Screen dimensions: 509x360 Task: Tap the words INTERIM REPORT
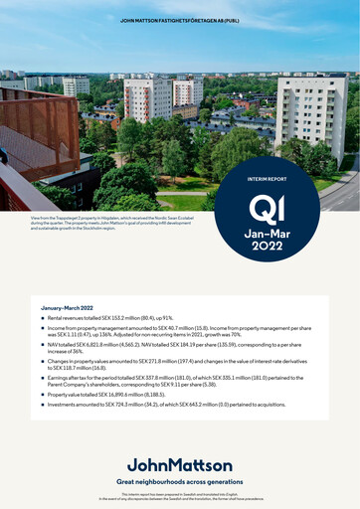tap(268, 179)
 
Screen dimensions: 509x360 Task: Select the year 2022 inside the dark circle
tap(268, 245)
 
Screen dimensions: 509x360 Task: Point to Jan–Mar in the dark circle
tap(268, 231)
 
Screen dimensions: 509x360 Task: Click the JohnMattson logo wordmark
tap(180, 464)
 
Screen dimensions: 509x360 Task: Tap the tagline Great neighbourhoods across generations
tap(180, 480)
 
